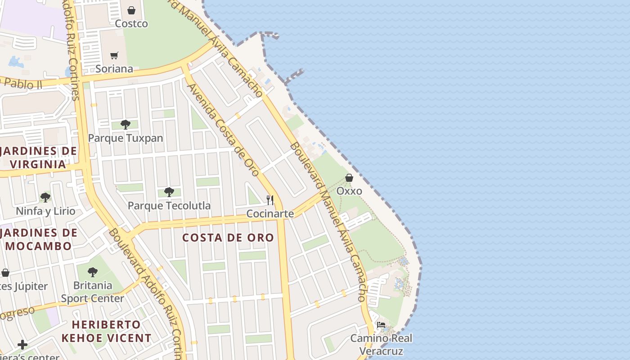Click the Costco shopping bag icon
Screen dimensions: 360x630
131,10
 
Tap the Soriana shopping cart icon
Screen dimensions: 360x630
114,55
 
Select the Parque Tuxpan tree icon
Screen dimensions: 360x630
126,124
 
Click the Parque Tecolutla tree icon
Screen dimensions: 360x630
169,192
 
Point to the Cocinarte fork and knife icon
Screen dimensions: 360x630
270,200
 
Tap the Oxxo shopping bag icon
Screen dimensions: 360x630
349,178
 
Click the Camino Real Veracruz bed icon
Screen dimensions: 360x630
381,324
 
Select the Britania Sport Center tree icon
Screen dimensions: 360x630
93,272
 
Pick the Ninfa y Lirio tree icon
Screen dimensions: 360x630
45,197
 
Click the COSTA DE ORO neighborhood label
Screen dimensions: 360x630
228,238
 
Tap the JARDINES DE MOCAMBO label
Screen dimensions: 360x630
38,239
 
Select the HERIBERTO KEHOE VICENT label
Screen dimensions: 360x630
106,331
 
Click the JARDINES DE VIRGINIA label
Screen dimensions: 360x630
38,157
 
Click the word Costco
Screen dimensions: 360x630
131,23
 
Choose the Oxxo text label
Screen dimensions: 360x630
349,191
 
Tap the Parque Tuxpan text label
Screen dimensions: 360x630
126,138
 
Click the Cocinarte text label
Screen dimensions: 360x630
270,213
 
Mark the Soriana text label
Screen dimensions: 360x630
114,69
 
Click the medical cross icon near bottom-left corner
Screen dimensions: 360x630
22,345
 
